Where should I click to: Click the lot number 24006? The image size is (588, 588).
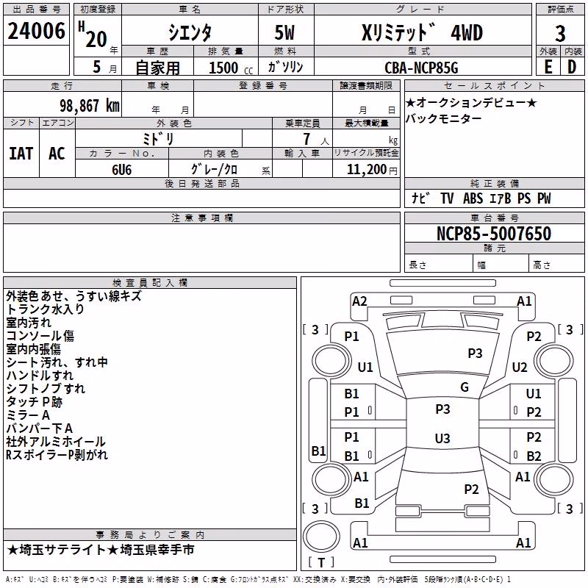click(36, 31)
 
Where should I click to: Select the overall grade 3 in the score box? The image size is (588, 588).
click(560, 34)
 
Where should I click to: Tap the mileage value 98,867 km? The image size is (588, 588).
click(90, 106)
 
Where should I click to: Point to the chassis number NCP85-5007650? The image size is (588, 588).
click(494, 234)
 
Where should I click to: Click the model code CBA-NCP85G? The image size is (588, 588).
click(421, 68)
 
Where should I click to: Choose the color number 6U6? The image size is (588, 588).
click(122, 170)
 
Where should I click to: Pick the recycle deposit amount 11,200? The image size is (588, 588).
click(366, 170)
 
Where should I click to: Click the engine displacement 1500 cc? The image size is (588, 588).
click(231, 68)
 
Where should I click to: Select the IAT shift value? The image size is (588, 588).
click(21, 154)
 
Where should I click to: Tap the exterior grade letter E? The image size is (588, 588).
click(548, 67)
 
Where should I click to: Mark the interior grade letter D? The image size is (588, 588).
click(572, 67)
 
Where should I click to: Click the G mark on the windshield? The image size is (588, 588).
click(465, 387)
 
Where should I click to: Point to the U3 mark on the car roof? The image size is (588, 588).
click(442, 438)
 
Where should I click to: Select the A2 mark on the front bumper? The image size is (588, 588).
click(359, 301)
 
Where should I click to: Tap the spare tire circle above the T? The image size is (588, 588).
click(321, 537)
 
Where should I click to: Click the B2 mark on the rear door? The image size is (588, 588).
click(534, 456)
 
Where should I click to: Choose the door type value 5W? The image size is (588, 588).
click(284, 33)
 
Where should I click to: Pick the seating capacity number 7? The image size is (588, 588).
click(306, 139)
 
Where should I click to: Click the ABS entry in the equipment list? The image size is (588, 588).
click(473, 198)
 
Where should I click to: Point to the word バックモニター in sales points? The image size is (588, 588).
click(444, 118)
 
